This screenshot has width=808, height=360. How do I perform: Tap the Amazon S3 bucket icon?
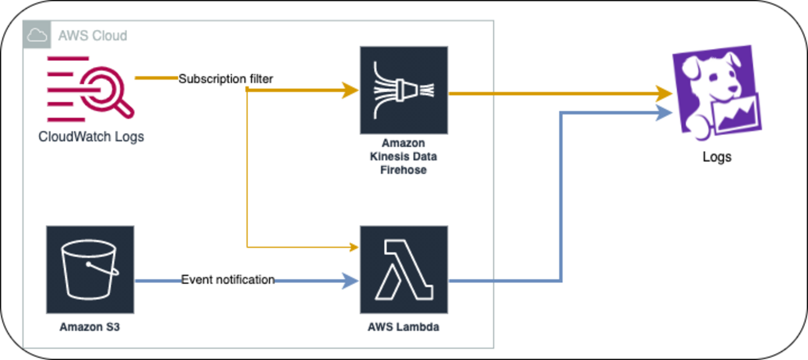tap(90, 269)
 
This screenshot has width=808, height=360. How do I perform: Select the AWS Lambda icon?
tap(404, 269)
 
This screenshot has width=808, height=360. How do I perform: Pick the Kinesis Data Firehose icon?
tap(404, 90)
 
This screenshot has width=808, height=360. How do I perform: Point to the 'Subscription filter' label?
tap(226, 79)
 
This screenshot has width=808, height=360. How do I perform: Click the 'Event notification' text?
tap(227, 280)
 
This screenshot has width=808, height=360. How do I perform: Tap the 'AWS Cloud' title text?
tap(93, 35)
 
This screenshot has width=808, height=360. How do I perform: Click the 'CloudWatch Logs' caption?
tap(91, 136)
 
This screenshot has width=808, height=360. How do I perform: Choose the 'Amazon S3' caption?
tap(90, 326)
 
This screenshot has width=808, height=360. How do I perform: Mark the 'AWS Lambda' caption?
tap(403, 326)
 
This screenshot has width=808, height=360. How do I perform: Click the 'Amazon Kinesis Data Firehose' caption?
tap(403, 157)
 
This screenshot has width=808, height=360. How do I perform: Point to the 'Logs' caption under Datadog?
tap(717, 156)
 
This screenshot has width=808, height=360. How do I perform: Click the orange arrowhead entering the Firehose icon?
tap(352, 91)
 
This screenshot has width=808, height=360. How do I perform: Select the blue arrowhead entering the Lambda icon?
tap(352, 281)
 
